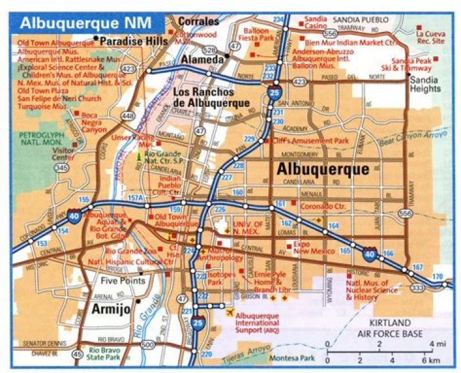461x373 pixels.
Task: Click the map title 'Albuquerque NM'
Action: pos(85,22)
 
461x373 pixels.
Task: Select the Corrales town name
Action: pos(198,21)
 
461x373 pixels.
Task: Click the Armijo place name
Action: pos(111,310)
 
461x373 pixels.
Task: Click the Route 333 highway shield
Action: pos(417,289)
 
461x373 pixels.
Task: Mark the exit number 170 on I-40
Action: pos(437,276)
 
